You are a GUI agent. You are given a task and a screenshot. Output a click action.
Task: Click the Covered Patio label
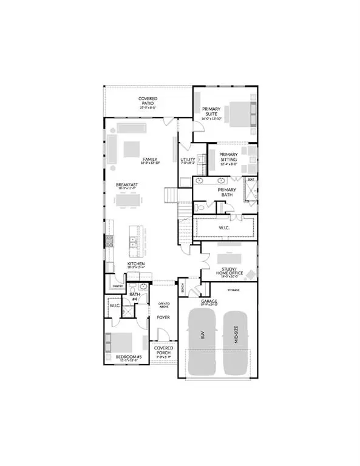pos(148,101)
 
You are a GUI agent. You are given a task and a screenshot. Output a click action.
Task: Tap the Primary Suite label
pos(213,113)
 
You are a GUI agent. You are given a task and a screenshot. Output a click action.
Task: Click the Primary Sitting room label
pos(228,157)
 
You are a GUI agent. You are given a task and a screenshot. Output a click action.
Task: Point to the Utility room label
pos(187,160)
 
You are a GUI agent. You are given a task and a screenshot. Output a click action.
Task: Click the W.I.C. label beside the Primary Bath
pos(223,228)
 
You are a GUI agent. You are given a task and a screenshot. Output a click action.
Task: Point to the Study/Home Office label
pos(230,270)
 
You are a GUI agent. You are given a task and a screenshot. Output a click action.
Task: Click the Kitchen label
pos(135,265)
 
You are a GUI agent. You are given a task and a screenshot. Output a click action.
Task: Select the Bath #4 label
pos(135,295)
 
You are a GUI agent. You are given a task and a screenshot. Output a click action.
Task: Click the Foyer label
pos(163,317)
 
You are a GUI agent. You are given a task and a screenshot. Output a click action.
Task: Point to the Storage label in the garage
pos(233,290)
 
